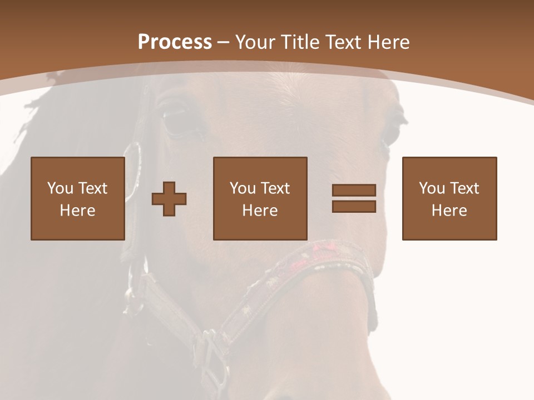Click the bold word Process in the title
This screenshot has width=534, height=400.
click(175, 42)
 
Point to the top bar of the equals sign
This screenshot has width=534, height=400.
click(354, 191)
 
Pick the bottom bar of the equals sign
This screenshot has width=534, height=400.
click(354, 207)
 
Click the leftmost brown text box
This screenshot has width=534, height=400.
click(77, 198)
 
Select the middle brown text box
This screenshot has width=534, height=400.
click(260, 198)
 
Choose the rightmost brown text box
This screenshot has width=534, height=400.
click(449, 198)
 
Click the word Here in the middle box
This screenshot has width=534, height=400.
click(260, 211)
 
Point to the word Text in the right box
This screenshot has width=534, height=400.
click(464, 188)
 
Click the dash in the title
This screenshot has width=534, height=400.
click(224, 42)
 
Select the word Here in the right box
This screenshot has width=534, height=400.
click(449, 211)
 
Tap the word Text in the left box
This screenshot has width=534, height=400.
click(93, 188)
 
